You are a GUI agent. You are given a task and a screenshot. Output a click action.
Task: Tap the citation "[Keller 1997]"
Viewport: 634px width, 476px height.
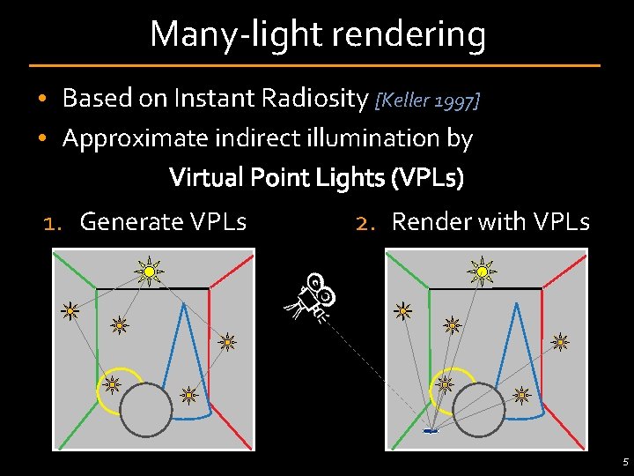click(428, 100)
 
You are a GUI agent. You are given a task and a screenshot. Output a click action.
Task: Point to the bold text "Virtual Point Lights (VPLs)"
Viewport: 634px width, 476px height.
click(316, 178)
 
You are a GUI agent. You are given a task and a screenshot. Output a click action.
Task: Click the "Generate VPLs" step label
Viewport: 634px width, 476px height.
click(163, 221)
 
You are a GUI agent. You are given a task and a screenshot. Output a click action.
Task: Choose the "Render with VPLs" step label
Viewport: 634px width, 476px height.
click(490, 221)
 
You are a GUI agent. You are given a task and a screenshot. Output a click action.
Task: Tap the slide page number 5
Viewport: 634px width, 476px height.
click(624, 461)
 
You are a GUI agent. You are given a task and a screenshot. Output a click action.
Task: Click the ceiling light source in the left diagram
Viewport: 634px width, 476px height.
click(150, 271)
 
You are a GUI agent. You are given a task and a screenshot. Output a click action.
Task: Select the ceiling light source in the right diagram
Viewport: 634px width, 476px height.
click(482, 271)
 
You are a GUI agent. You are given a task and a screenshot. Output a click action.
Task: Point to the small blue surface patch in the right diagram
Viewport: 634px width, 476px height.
click(431, 431)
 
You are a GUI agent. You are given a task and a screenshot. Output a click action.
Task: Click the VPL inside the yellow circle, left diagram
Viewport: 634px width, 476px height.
click(112, 384)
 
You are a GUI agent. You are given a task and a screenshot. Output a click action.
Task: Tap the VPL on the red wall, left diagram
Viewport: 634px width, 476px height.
click(226, 341)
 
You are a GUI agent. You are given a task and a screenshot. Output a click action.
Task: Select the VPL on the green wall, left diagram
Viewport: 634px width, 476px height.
click(70, 310)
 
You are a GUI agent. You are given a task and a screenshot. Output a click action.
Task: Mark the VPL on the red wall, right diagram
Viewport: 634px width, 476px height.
click(559, 341)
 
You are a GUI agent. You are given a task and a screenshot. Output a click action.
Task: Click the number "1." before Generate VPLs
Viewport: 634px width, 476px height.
click(53, 222)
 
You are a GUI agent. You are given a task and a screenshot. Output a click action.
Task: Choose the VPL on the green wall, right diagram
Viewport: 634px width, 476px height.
click(402, 310)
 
